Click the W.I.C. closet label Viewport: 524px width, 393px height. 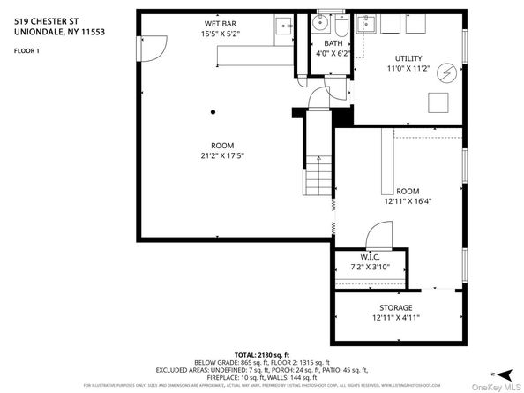coord(370,257)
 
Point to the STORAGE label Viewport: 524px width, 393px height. coord(396,307)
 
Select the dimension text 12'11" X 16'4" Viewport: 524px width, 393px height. coord(407,201)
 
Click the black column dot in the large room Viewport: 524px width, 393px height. coord(213,112)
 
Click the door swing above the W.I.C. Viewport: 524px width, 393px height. coord(376,235)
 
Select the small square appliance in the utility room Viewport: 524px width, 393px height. coord(438,103)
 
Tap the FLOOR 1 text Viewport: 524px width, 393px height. coord(27,51)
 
